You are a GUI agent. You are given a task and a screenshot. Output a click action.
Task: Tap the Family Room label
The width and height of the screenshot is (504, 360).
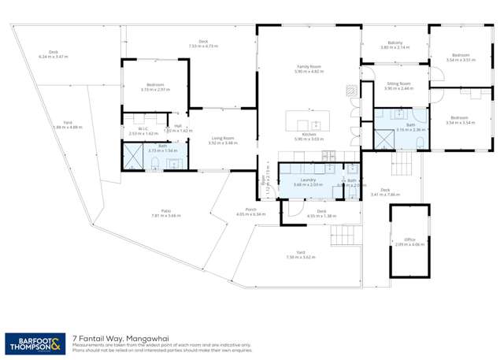tap(309, 68)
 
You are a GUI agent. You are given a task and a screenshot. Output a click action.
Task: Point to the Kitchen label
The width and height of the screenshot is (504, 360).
tap(309, 135)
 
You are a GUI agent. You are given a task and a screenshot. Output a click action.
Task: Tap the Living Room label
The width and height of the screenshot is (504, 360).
tap(222, 139)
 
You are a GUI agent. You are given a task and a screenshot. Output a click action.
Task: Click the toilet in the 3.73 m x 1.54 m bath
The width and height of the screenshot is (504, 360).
tap(156, 164)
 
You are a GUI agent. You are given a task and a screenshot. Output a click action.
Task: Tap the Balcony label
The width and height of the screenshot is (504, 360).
tap(395, 43)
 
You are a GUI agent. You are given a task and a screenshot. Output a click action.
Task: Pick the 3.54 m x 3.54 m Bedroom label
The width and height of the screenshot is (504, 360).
tap(461, 119)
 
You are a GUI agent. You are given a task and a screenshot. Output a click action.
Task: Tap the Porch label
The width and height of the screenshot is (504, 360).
tap(250, 210)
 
